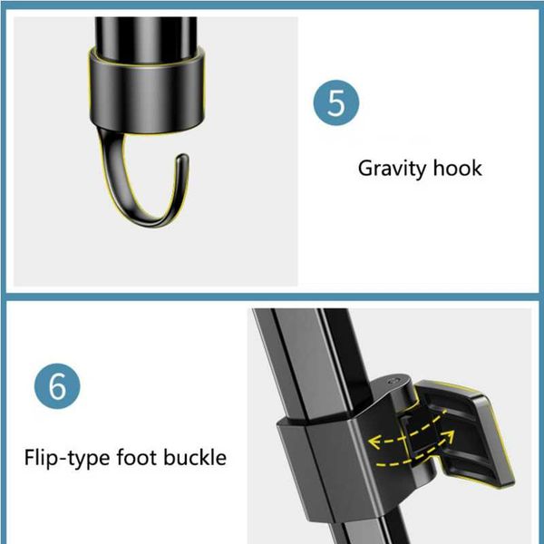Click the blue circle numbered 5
(x=335, y=102)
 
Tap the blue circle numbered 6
(x=57, y=386)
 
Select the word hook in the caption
(x=458, y=168)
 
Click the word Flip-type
(x=68, y=458)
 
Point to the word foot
(x=137, y=457)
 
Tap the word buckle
(x=195, y=457)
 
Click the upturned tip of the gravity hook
(x=182, y=158)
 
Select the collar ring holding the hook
(x=146, y=90)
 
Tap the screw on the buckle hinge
(x=393, y=382)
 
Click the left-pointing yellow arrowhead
(x=374, y=442)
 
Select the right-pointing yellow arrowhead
(x=450, y=437)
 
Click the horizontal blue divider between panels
(x=272, y=297)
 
